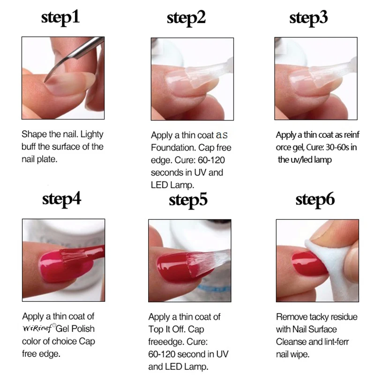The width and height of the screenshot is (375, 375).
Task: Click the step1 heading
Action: tap(60, 17)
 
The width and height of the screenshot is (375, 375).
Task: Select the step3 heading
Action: tap(309, 17)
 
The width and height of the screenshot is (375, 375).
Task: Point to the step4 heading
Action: tap(61, 199)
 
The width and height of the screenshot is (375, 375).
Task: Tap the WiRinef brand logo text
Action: tap(39, 329)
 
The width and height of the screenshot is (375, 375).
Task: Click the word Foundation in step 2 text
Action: tap(173, 148)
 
